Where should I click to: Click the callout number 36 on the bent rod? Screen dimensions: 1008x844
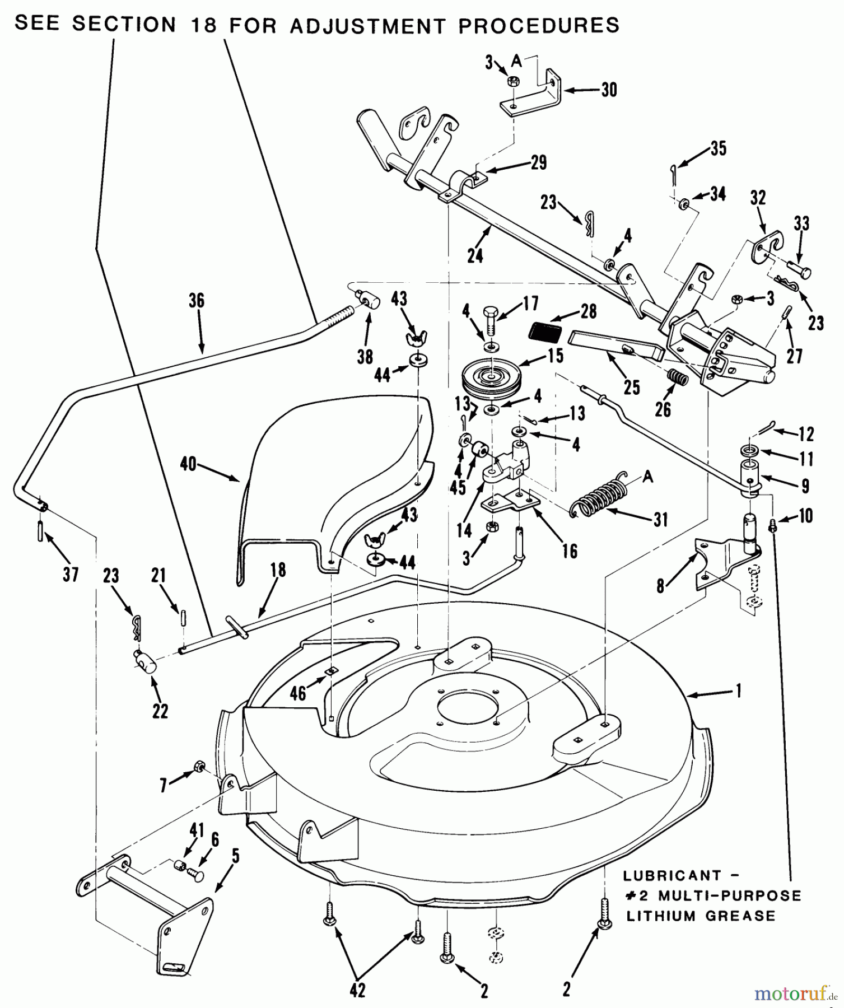[x=197, y=301]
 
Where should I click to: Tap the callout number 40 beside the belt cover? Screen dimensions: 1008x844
[x=188, y=464]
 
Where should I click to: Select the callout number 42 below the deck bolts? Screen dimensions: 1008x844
[x=357, y=990]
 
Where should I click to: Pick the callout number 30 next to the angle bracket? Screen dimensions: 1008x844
[x=609, y=90]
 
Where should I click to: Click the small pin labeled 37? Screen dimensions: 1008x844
[x=41, y=530]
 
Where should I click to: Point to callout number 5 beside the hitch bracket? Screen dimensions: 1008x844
[x=235, y=856]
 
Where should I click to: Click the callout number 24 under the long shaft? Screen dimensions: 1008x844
[x=475, y=255]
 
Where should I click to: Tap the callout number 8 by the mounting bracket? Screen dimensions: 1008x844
[x=661, y=586]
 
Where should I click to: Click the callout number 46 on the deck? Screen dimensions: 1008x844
[x=298, y=693]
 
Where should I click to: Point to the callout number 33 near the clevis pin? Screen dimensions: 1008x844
[x=802, y=224]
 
